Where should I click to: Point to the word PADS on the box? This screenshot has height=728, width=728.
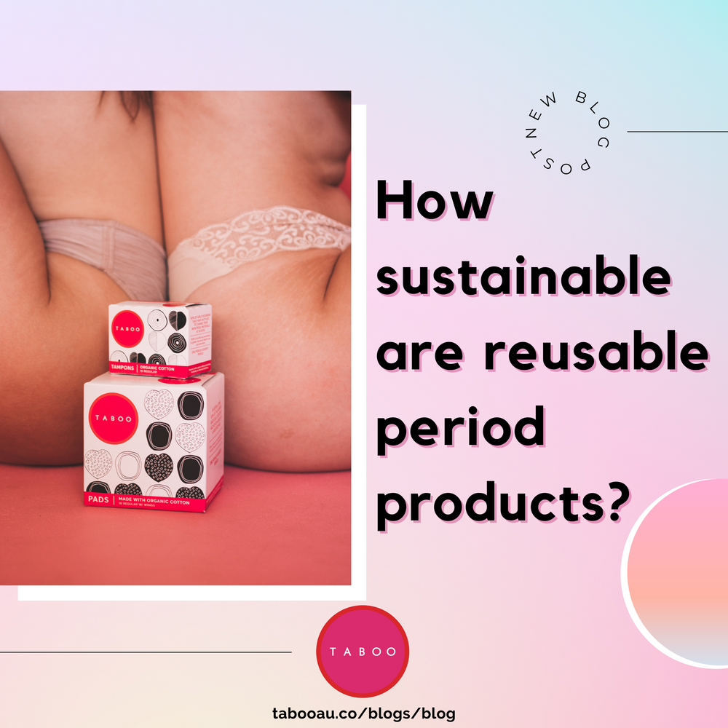(97, 500)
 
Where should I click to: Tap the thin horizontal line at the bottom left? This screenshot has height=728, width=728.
(146, 652)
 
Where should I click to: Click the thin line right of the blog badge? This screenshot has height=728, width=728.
(677, 132)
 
